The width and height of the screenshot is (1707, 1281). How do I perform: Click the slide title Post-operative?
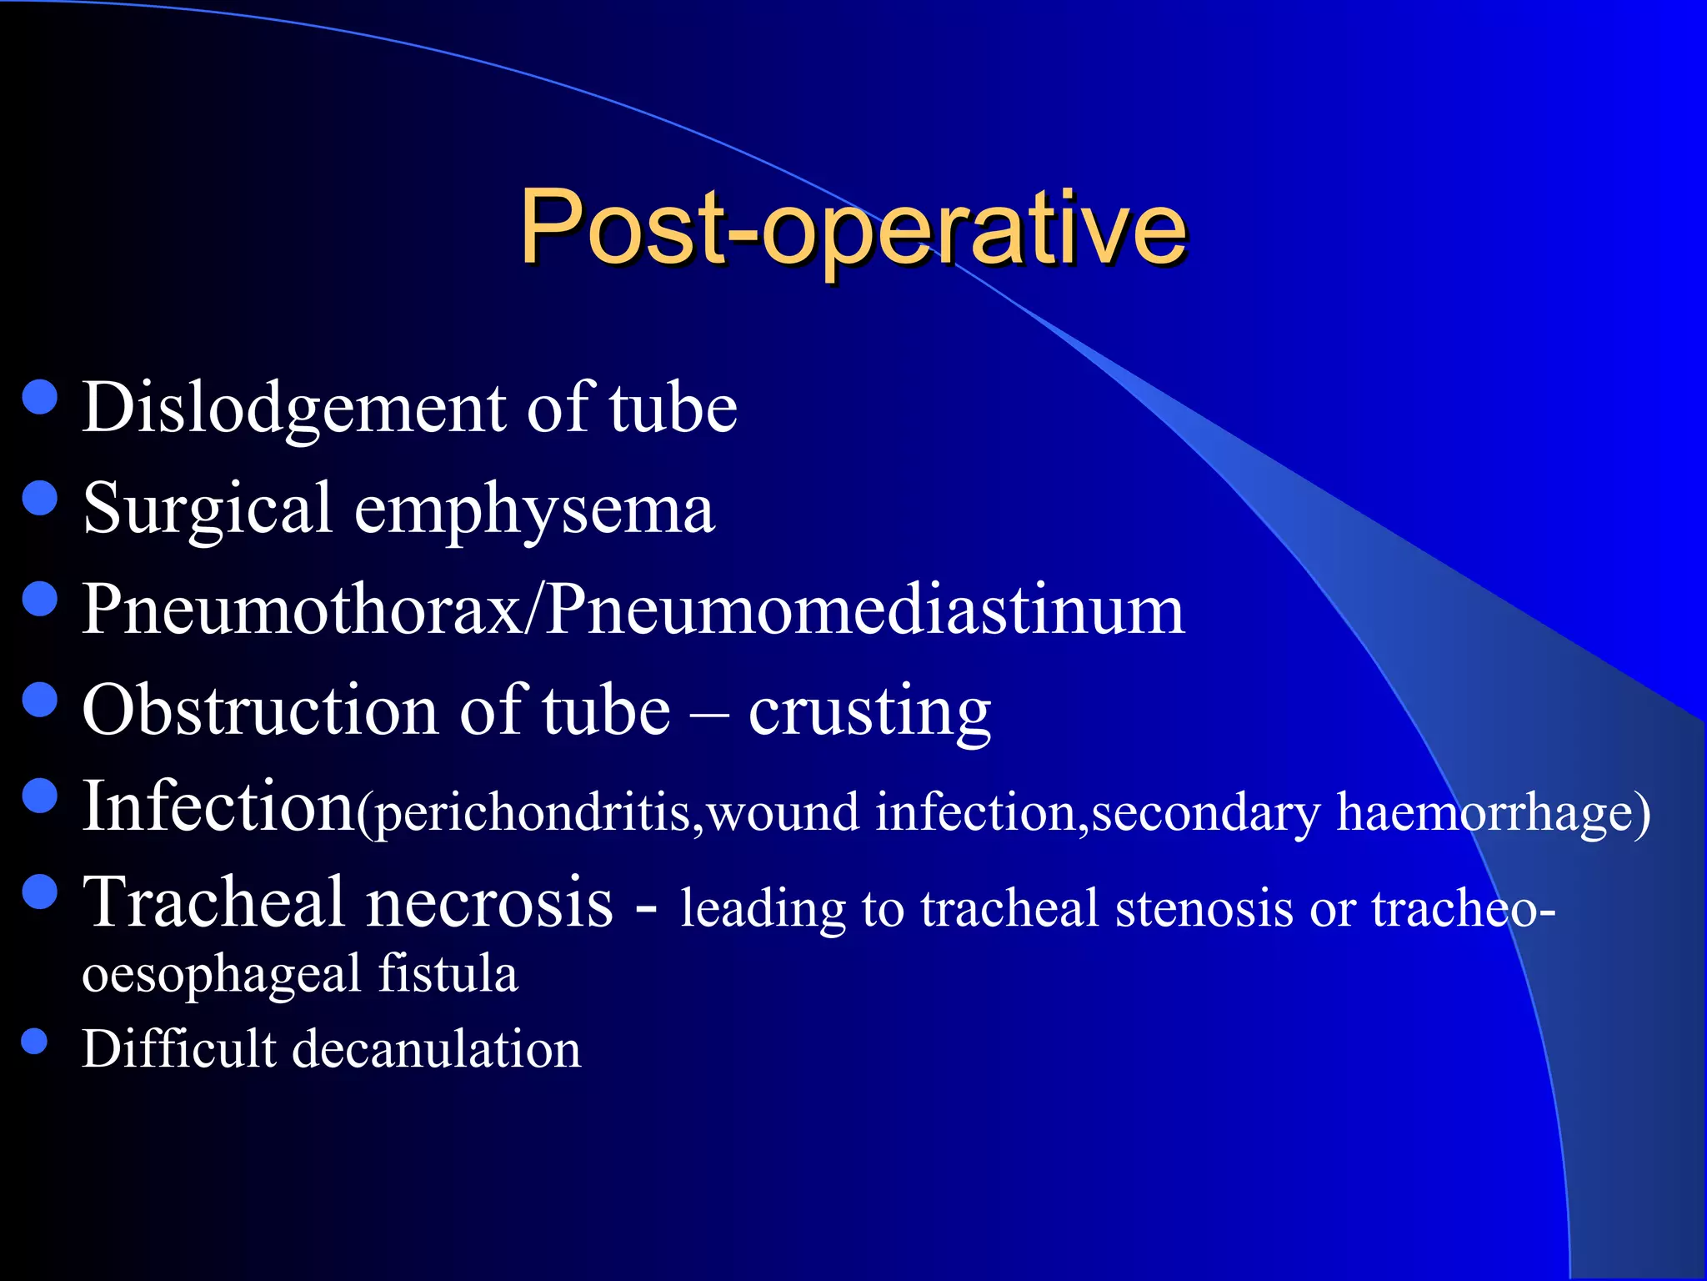[853, 227]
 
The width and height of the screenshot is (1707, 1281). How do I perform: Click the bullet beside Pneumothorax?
[40, 599]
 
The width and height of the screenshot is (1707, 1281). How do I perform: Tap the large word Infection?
[218, 806]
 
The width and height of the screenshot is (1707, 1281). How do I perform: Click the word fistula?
[448, 974]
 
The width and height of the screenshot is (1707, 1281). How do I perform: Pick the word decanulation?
[437, 1049]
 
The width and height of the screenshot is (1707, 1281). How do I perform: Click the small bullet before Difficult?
[34, 1041]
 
